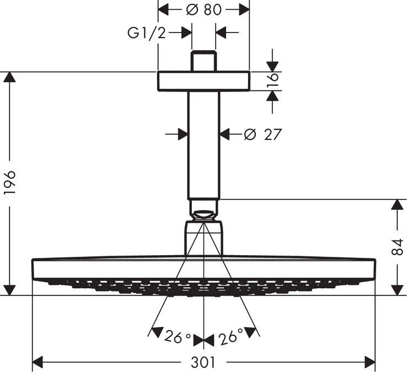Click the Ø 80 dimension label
pos(203,10)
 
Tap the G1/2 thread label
pos(146,33)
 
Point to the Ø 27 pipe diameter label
pos(263,134)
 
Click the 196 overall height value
pos(10,182)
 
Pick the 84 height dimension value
pos(397,247)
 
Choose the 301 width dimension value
pos(203,362)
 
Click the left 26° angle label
pos(177,337)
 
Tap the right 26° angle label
pos(231,337)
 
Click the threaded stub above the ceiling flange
pos(203,61)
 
